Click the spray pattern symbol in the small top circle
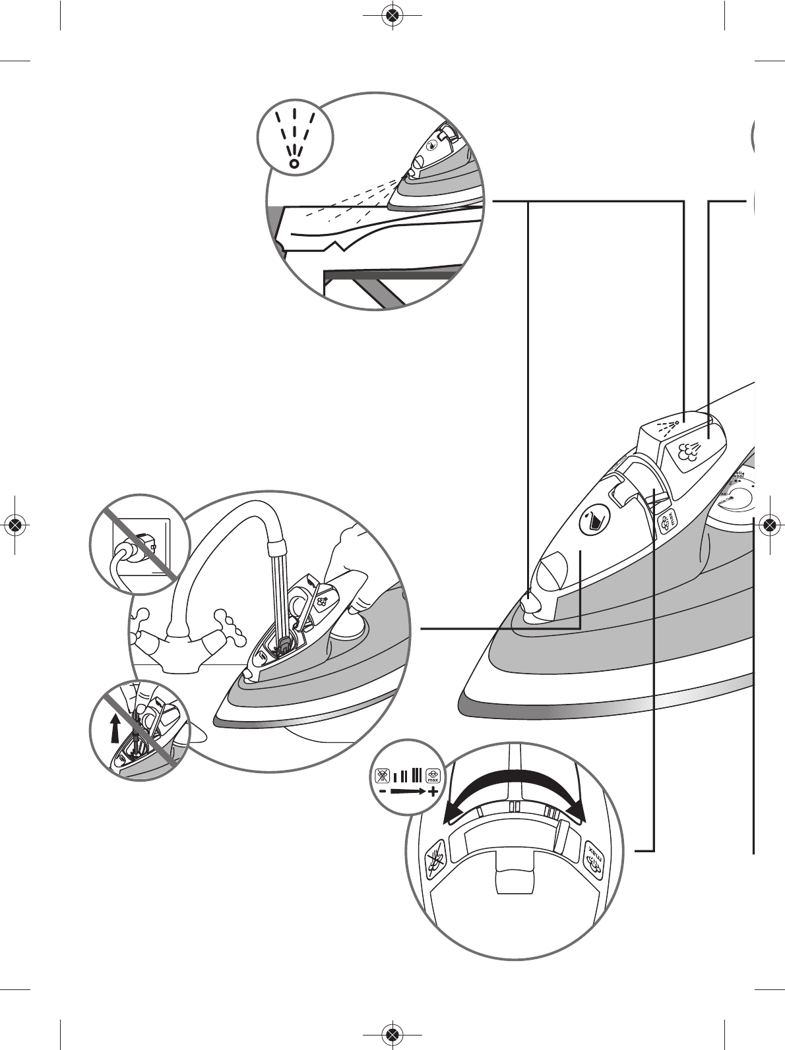click(x=295, y=139)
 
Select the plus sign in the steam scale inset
click(x=432, y=791)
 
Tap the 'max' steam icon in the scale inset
click(x=433, y=776)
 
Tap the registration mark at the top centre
click(x=392, y=15)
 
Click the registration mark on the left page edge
click(x=16, y=525)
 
